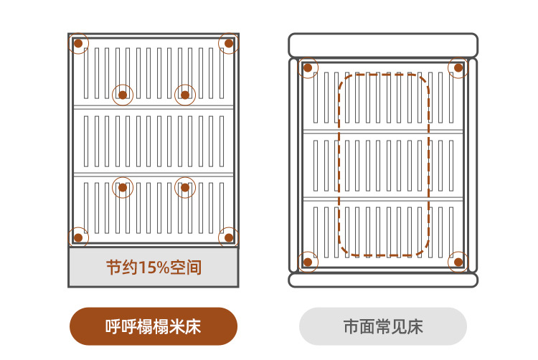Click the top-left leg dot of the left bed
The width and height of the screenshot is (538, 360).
click(x=78, y=43)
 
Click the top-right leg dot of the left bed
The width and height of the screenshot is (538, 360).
click(x=229, y=43)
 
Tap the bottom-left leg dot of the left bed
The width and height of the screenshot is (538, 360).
click(x=78, y=237)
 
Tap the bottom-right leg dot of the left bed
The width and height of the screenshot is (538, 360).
click(x=229, y=237)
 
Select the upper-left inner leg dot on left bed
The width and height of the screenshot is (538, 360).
click(x=123, y=95)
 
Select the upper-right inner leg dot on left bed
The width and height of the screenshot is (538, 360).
click(x=185, y=95)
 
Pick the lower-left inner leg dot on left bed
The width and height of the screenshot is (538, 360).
click(x=123, y=188)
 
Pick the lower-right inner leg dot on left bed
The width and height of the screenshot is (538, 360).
click(x=185, y=188)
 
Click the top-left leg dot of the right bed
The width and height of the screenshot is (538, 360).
click(x=308, y=68)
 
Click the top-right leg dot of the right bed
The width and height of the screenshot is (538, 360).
click(x=458, y=68)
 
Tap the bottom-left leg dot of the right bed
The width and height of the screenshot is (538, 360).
click(x=308, y=262)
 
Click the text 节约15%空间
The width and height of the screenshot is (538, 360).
click(x=154, y=268)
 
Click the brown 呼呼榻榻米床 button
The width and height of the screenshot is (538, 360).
click(x=154, y=327)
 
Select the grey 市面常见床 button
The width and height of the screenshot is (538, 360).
click(x=383, y=327)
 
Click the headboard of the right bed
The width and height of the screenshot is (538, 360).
click(x=383, y=45)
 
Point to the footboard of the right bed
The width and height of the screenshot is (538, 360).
click(x=383, y=280)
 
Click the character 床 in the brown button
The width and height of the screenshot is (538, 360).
click(x=192, y=327)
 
